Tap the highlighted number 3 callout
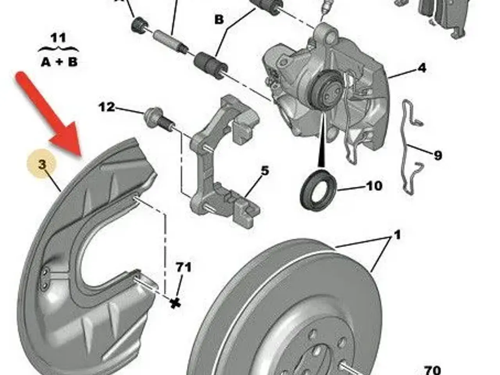(x=41, y=164)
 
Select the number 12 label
(x=107, y=107)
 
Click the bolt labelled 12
(x=159, y=121)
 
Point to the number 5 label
(x=264, y=171)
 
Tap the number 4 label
(x=421, y=68)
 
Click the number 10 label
(x=374, y=186)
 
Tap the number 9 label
(x=437, y=155)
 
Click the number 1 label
(x=397, y=235)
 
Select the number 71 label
(x=184, y=267)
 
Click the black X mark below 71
(x=175, y=304)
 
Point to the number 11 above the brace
(x=58, y=38)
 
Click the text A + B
(x=59, y=62)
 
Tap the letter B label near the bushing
(x=219, y=20)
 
